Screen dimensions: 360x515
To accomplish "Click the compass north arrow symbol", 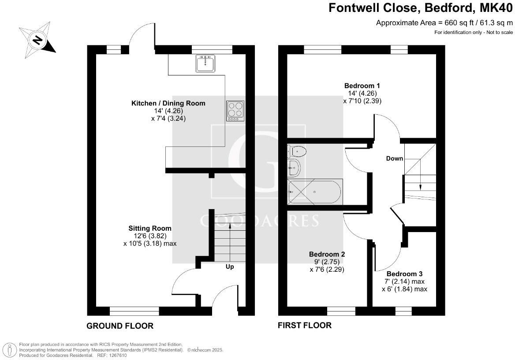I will (37, 41).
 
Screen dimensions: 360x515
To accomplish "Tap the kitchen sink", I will (205, 64).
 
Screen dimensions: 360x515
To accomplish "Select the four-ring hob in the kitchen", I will (235, 111).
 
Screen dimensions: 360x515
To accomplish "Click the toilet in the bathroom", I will (297, 152).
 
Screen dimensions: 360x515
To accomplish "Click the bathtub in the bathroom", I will (314, 191).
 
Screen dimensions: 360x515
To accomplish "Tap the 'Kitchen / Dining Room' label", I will (168, 103).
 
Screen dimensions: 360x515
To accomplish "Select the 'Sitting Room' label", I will (150, 228).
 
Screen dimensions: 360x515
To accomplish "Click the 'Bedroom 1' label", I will (362, 86).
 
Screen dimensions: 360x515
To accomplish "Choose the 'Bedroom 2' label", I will (327, 254).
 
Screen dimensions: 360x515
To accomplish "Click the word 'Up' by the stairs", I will (230, 267).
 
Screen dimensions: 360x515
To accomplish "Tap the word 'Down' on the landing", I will (395, 158).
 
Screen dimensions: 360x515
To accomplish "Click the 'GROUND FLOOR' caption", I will (120, 326).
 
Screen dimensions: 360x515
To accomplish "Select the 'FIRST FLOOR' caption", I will (304, 326).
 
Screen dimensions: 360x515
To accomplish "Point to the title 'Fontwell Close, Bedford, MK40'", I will (421, 8).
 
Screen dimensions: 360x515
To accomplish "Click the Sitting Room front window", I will (134, 312).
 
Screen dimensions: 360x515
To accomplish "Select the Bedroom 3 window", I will (402, 312).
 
